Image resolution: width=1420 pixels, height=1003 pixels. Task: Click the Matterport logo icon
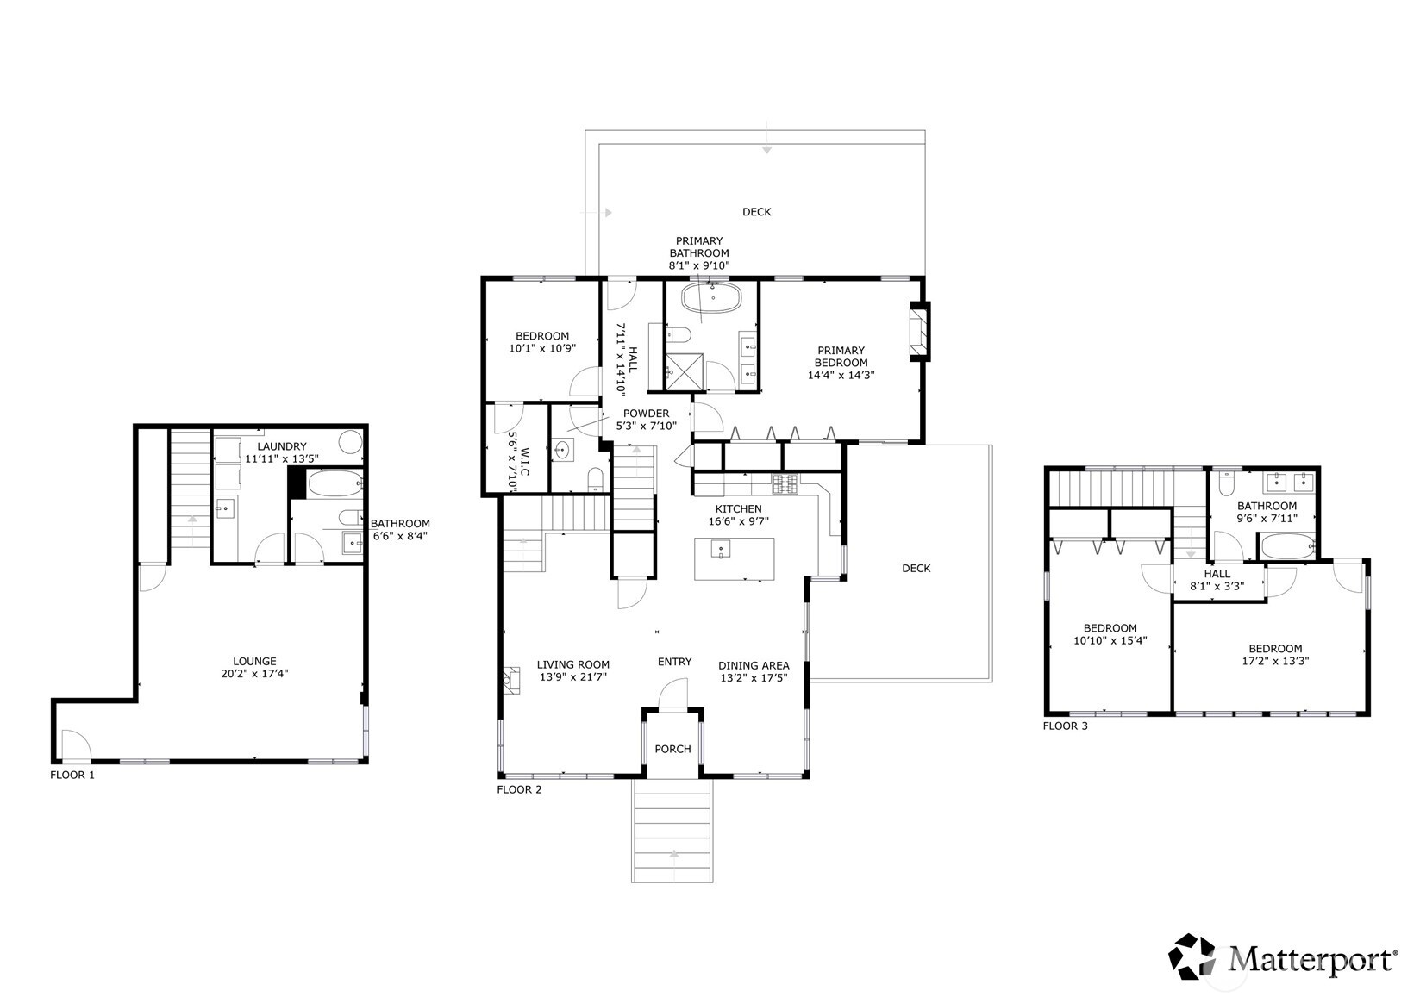click(1192, 956)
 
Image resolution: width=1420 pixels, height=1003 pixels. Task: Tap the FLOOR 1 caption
click(72, 775)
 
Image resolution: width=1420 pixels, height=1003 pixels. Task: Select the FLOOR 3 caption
click(1065, 726)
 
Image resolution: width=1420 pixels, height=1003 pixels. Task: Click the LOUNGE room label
click(254, 662)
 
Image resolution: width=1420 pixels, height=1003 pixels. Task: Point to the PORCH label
click(672, 750)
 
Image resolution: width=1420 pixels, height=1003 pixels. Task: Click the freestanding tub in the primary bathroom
click(711, 298)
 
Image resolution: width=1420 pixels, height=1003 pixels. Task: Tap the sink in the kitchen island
click(720, 549)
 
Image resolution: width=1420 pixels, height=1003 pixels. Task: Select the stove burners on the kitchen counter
click(785, 485)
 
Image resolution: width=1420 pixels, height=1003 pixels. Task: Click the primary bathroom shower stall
click(684, 372)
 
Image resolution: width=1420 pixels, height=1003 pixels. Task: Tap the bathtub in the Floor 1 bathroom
click(335, 483)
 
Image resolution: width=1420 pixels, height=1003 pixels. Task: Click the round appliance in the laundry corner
click(350, 442)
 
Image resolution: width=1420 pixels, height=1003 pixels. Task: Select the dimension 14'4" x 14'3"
click(841, 375)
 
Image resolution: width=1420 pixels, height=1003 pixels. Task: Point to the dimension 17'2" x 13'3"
click(1275, 661)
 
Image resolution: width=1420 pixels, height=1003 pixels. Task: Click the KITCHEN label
click(739, 508)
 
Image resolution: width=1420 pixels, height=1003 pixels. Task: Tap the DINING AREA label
click(754, 666)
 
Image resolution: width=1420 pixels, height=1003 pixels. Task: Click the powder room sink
click(561, 451)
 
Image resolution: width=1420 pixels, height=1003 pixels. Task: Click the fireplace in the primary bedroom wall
click(920, 333)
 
